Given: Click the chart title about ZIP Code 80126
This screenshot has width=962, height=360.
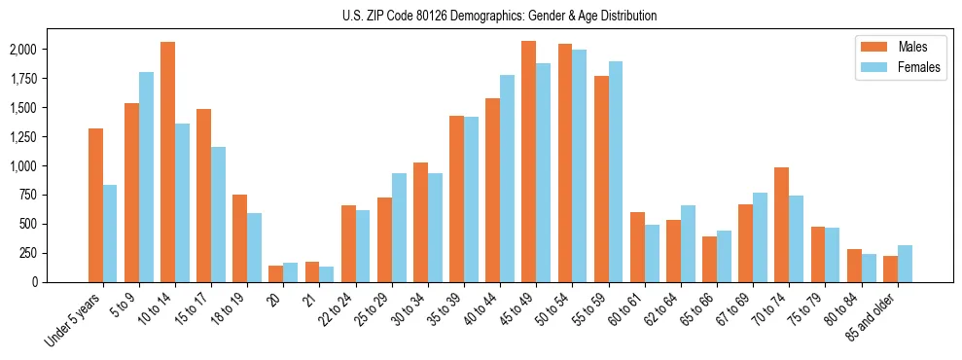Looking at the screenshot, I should (500, 16).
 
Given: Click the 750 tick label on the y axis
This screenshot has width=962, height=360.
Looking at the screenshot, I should (31, 195).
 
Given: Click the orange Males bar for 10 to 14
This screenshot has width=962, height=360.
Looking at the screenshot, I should (167, 162).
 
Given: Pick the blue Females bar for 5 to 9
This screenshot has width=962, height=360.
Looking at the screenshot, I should (146, 176).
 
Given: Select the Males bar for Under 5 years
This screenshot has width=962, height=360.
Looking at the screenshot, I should (95, 204).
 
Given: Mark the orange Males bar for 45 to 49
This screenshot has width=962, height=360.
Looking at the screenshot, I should (528, 161).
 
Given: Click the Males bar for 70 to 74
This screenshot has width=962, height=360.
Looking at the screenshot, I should (781, 224).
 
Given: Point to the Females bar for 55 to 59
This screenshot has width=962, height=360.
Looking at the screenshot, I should (615, 171).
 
